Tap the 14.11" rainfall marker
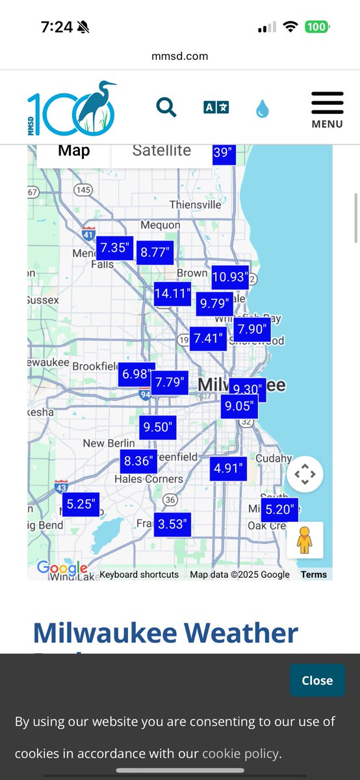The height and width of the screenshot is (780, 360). point(173,294)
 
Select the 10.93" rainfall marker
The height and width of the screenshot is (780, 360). point(229,278)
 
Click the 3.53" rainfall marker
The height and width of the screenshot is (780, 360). point(172,524)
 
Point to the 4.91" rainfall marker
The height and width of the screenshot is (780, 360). point(228,468)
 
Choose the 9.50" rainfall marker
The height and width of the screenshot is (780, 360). point(157,427)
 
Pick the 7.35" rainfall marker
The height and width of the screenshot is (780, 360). point(115,248)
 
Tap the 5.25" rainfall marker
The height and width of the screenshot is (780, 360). point(81,503)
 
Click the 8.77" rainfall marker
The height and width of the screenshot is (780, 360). point(155,252)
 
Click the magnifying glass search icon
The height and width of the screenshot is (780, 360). point(166,107)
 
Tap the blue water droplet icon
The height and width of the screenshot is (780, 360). point(262,109)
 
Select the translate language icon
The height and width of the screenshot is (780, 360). point(216,107)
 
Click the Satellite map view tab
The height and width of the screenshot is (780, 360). point(161,151)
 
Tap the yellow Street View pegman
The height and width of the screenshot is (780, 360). point(305,539)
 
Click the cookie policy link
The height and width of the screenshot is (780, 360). point(240,754)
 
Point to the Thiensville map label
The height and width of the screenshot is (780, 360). point(195,205)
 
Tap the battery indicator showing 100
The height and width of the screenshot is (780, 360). point(317,27)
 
